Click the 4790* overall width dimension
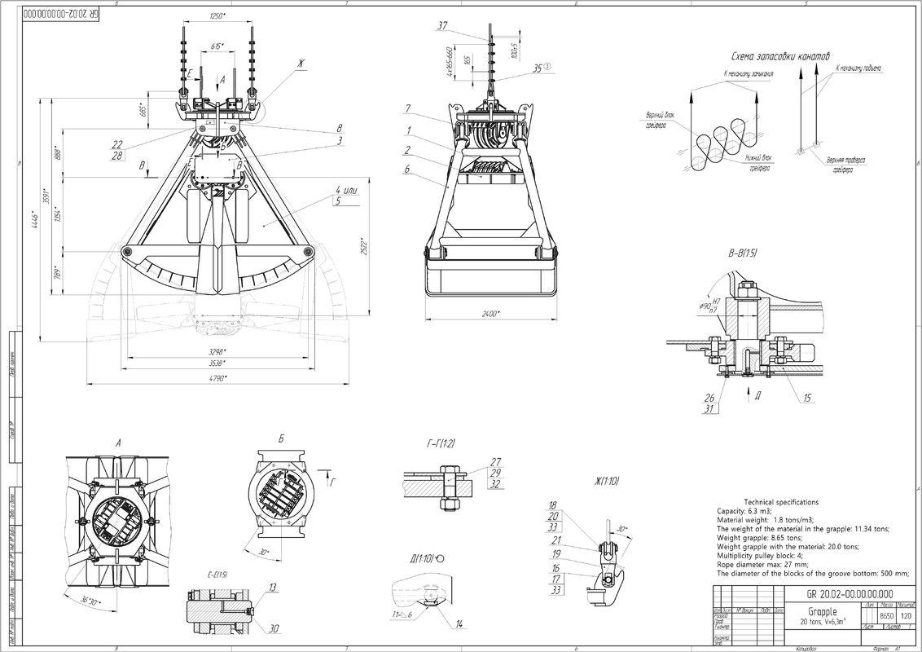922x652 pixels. tap(215, 378)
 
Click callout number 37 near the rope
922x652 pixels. tap(442, 26)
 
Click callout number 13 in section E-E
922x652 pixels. tap(272, 587)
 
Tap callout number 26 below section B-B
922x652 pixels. tap(709, 398)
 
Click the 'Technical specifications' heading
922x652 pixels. tap(781, 502)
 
